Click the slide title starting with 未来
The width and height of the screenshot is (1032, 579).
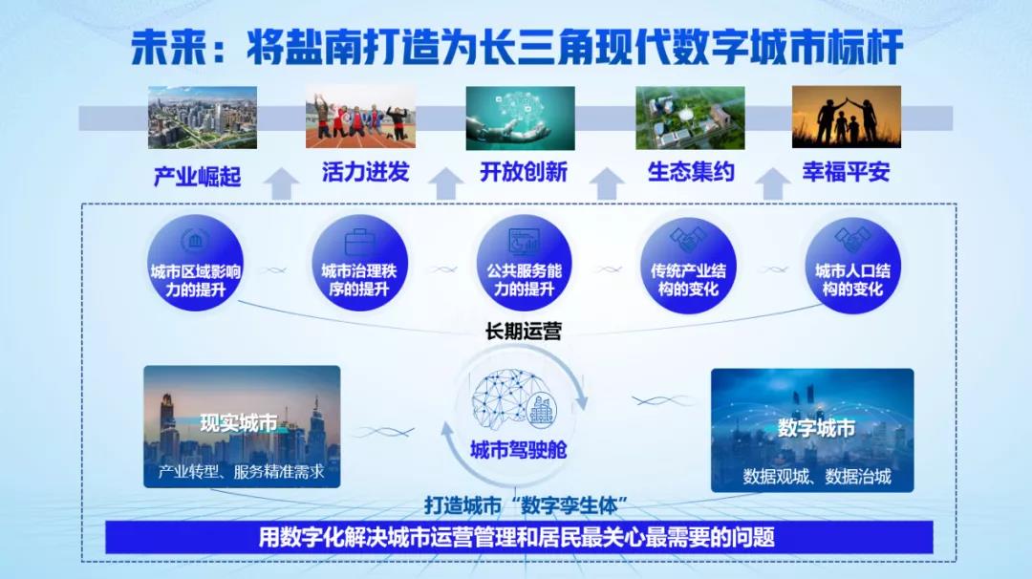pos(516,46)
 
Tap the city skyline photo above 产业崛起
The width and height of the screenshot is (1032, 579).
pos(203,118)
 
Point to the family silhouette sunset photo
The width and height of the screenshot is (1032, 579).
pos(846,118)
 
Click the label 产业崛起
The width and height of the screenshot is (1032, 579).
pos(197,176)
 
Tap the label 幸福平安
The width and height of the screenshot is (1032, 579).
pos(846,172)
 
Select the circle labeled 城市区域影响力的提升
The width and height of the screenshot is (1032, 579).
pos(195,266)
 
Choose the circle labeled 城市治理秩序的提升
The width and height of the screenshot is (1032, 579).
pos(358,266)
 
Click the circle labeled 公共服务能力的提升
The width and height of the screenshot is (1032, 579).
pos(522,266)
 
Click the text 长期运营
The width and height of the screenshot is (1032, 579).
pos(523,332)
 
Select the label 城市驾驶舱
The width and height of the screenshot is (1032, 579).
pos(519,449)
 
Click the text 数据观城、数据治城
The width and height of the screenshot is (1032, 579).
pos(816,476)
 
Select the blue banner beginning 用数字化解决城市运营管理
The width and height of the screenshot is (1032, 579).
pos(517,537)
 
